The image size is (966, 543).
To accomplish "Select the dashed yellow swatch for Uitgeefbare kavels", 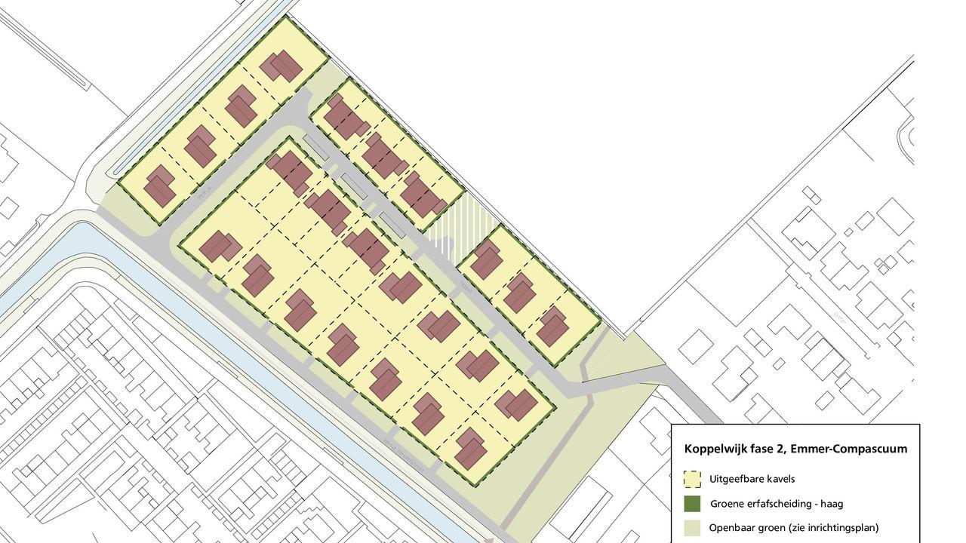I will point(691,479).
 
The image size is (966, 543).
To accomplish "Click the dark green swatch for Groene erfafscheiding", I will point(691,503).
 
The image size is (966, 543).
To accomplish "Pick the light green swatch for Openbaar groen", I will point(691,527).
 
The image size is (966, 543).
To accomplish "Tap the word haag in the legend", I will point(829,503).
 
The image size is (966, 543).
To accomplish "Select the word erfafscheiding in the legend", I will point(783,503).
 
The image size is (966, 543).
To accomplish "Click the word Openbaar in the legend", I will point(732,528).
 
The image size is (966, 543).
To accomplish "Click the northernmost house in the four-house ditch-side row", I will point(281,66).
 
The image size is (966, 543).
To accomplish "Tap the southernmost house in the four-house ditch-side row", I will point(159,186).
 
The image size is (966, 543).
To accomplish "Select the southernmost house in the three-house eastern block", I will point(553,326).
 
